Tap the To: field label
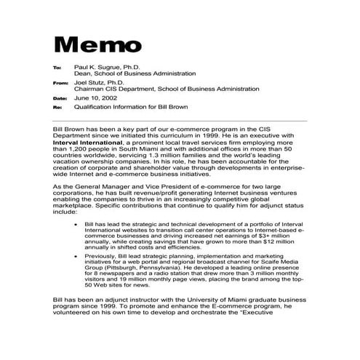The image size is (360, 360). coord(57,68)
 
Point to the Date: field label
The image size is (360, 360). coord(60,97)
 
